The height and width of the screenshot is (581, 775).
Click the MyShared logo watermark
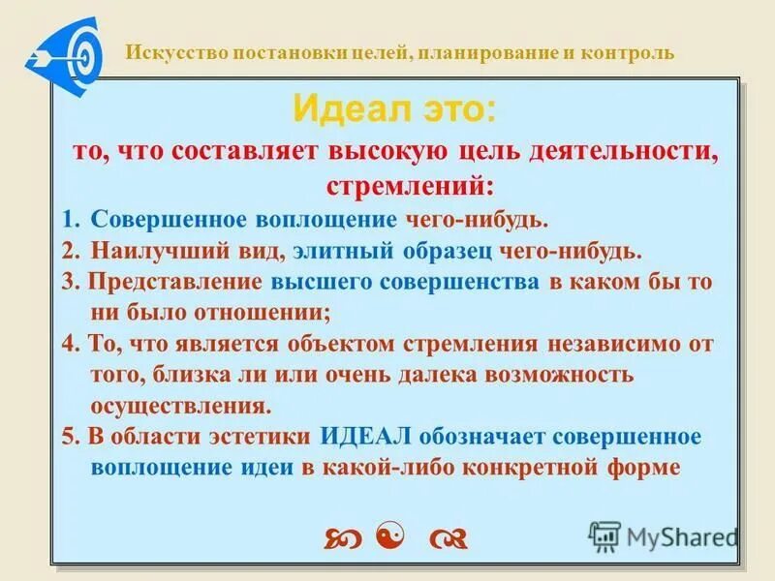(x=663, y=535)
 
